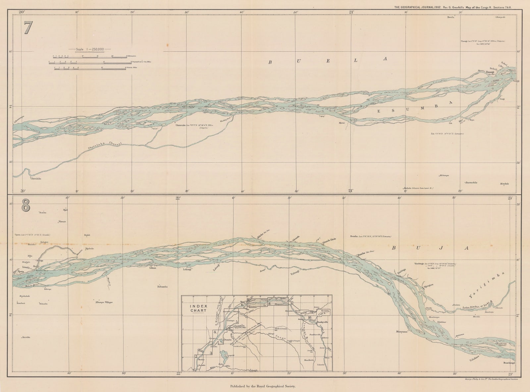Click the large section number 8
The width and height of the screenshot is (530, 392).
(x=26, y=206)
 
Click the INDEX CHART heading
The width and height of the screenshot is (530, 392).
(x=198, y=308)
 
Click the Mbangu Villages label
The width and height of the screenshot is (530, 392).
(x=104, y=302)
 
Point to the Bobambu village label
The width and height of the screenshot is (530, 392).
(x=158, y=287)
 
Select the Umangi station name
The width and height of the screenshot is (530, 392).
(x=490, y=72)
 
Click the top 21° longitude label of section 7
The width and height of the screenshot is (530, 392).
(x=351, y=12)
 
